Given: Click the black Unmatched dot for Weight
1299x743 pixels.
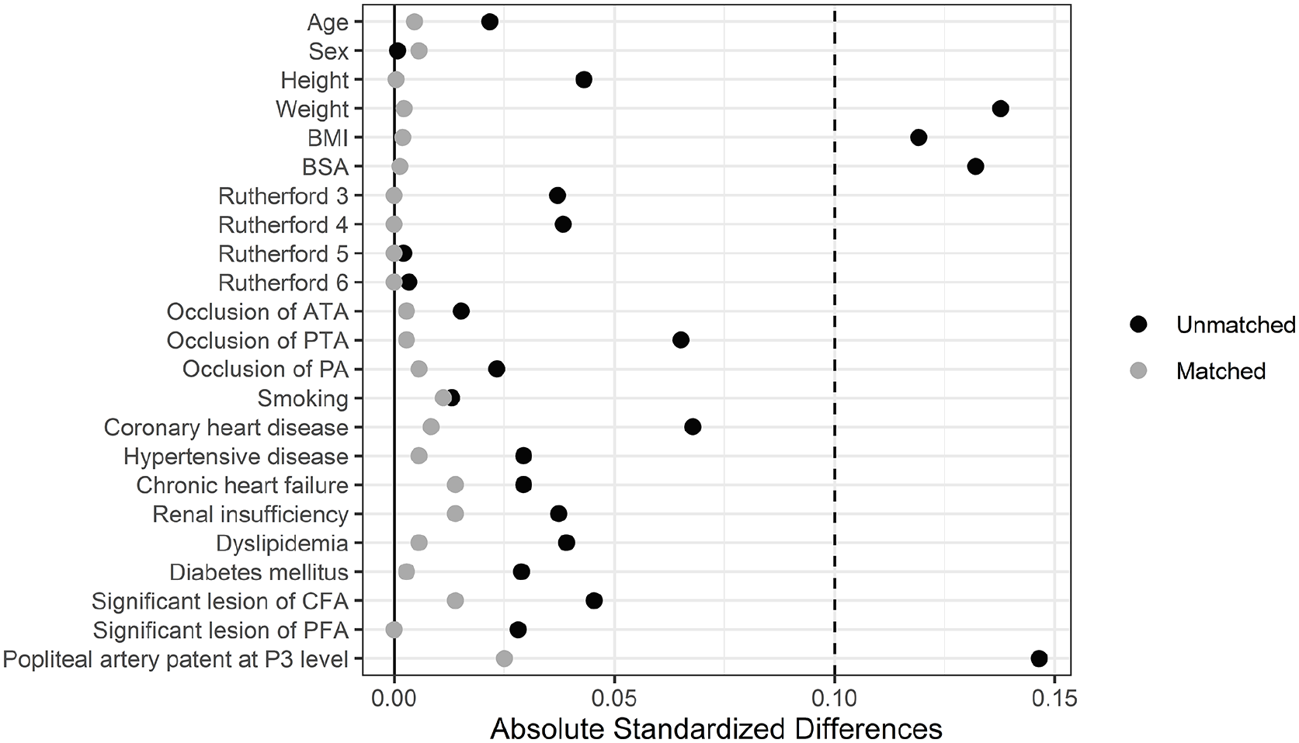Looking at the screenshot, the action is pyautogui.click(x=1000, y=109).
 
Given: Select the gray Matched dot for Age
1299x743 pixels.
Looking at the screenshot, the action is pyautogui.click(x=414, y=22).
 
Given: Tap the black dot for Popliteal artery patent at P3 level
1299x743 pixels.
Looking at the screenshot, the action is pyautogui.click(x=1039, y=658).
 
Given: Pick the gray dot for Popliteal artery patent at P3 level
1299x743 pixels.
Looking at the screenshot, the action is pyautogui.click(x=504, y=658).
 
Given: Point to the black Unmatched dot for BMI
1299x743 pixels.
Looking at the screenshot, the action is pyautogui.click(x=919, y=137).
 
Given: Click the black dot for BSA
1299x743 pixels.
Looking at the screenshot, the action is pyautogui.click(x=975, y=166).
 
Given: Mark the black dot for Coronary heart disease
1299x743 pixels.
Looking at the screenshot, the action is pyautogui.click(x=693, y=427).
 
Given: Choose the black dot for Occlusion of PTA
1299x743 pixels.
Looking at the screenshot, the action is pyautogui.click(x=681, y=340).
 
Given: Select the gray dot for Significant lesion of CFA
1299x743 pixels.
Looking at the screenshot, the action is pyautogui.click(x=455, y=601).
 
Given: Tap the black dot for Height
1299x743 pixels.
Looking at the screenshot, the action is pyautogui.click(x=584, y=80).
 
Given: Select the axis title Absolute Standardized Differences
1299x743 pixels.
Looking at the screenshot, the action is pyautogui.click(x=716, y=728).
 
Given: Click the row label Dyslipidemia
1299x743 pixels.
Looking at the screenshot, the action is pyautogui.click(x=282, y=544).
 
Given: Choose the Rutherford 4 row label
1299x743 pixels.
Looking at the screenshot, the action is pyautogui.click(x=283, y=225).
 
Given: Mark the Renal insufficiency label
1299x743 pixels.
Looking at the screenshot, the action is pyautogui.click(x=251, y=515).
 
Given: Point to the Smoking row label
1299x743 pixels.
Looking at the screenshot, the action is pyautogui.click(x=303, y=399).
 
